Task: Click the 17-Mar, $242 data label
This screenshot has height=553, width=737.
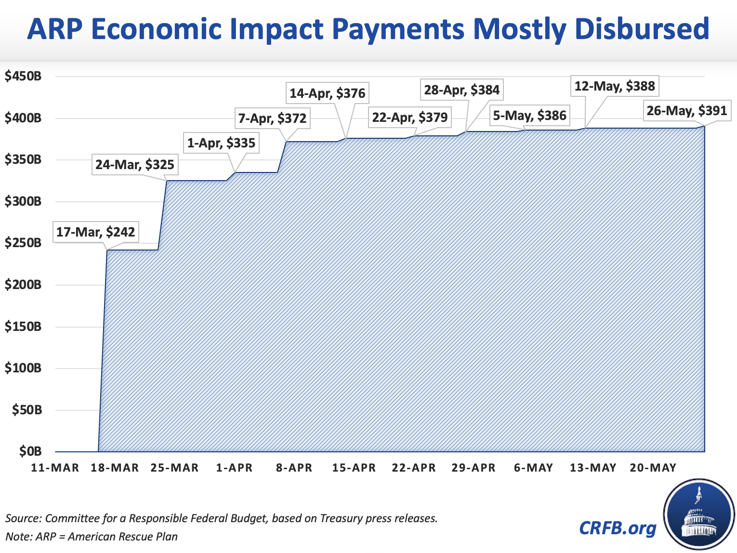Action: coord(95,232)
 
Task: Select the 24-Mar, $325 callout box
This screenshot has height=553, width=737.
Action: coord(135,165)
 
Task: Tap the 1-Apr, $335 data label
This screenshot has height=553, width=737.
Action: coord(221,143)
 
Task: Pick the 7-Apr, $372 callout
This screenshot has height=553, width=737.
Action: coord(272,118)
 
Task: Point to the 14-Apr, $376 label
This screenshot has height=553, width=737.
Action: coord(328,93)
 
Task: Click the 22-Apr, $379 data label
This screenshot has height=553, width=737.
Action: coord(410,117)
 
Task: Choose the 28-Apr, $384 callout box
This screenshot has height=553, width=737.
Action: coord(462,90)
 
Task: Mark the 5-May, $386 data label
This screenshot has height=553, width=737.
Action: coord(529,116)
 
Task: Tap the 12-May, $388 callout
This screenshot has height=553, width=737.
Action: coord(615,86)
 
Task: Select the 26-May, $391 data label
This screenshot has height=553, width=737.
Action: coord(686,111)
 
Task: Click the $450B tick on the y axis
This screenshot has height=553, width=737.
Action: coord(23,76)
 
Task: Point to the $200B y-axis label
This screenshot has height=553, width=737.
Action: coord(23,285)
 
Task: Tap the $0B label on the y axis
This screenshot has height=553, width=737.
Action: coord(30,451)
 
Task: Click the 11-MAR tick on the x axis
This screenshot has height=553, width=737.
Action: coord(55,468)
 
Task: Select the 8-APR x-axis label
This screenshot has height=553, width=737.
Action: coord(294,468)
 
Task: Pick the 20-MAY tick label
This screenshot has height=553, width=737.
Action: coord(653,468)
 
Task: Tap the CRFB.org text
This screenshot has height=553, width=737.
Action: coord(618,528)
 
